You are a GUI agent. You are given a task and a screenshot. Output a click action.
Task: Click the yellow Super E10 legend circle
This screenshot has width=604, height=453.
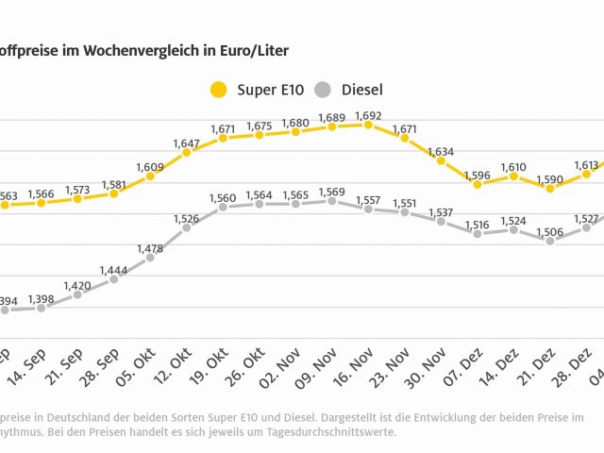point(219,91)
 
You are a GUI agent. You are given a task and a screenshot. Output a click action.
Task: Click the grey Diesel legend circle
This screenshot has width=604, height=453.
point(324,91)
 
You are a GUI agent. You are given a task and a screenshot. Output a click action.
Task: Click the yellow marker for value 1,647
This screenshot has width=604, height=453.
point(187,152)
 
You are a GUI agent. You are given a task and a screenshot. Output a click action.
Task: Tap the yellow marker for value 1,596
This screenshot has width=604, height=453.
point(478,184)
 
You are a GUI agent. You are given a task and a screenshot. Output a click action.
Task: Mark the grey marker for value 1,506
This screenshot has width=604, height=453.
point(550,241)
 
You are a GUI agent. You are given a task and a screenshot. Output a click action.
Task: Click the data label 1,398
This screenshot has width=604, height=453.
point(41,299)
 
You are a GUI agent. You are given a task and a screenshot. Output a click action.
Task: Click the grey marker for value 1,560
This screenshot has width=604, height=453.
point(223,207)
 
